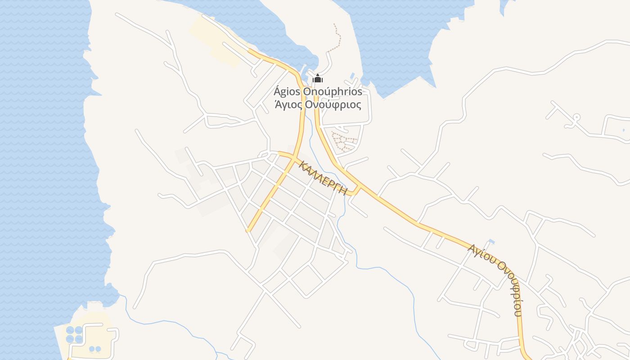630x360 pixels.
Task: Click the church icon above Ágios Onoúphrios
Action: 318,79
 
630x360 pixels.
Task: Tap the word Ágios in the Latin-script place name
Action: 287,92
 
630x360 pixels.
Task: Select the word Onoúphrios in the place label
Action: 333,92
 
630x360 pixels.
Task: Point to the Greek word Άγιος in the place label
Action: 288,105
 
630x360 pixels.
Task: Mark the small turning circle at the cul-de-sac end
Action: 576,117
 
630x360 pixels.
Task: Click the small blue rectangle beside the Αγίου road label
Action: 491,242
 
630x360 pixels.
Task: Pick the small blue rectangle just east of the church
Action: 352,75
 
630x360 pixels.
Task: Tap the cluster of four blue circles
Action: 74,334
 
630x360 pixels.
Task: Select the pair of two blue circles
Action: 95,349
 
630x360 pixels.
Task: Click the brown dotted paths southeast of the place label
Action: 344,140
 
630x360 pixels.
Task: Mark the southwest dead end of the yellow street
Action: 248,230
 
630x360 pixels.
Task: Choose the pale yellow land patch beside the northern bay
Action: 216,40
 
